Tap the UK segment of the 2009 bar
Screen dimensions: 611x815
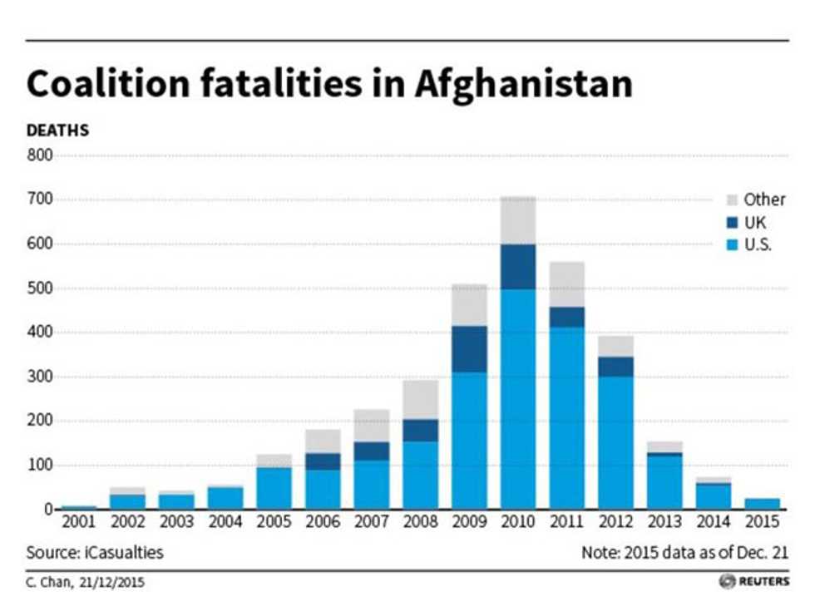[469, 349]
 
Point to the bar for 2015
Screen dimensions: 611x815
[763, 503]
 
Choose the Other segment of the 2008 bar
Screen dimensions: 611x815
[420, 399]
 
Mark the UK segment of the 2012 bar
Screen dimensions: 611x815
[615, 366]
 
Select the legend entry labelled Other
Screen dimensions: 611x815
[763, 200]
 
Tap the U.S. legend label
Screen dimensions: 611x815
[758, 245]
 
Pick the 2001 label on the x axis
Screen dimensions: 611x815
[79, 522]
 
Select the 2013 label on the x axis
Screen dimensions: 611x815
[665, 522]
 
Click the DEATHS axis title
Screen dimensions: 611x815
[57, 131]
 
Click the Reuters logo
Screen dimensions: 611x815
[754, 581]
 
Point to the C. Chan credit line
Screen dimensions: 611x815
[85, 582]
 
